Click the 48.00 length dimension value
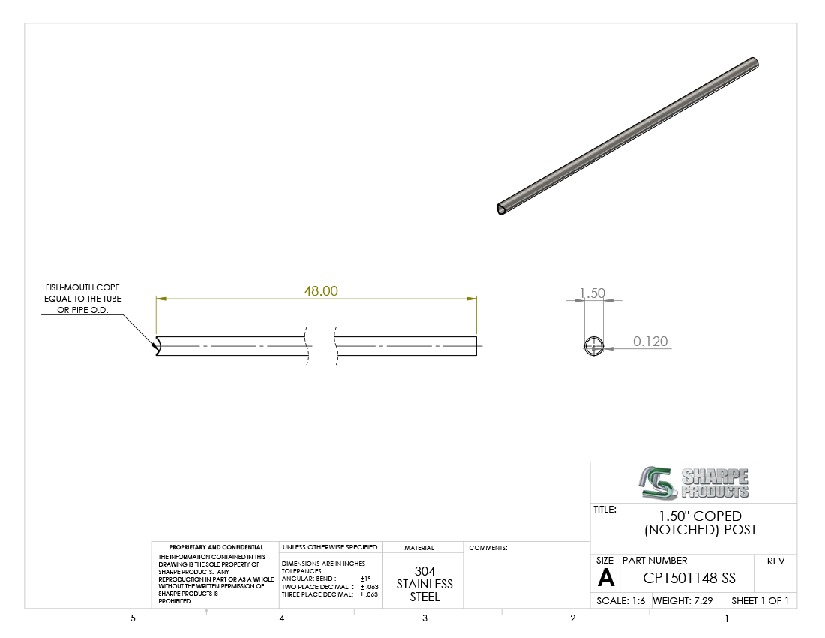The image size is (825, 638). [x=321, y=291]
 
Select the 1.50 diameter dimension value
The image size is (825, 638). [x=592, y=293]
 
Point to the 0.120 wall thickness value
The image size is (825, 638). [x=650, y=341]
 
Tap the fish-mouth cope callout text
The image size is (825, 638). [x=82, y=299]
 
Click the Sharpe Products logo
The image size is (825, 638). [x=694, y=483]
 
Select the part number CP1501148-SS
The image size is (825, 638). [x=689, y=578]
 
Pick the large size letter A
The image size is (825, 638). [x=605, y=578]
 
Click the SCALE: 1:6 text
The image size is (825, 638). [x=620, y=600]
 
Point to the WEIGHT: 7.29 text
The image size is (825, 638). [x=683, y=600]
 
